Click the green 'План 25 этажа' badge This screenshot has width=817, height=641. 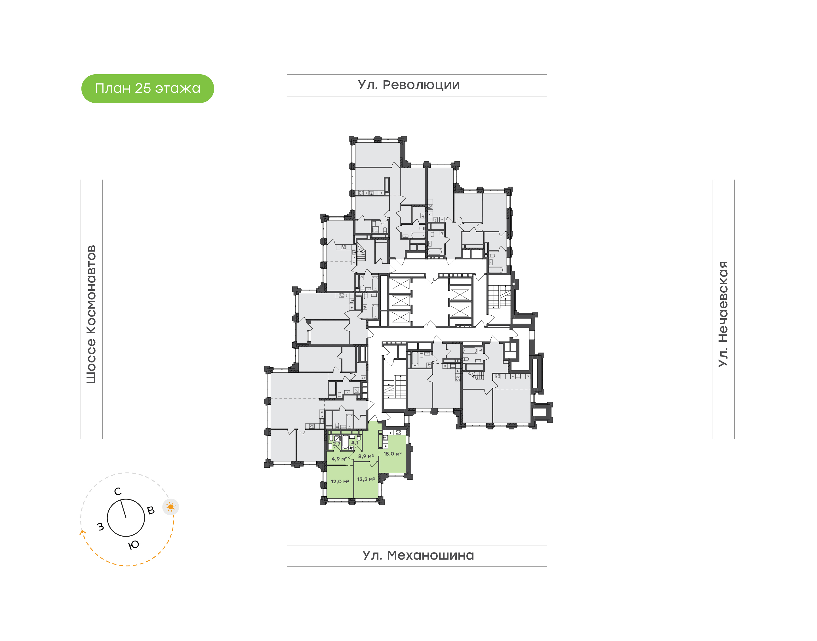(148, 88)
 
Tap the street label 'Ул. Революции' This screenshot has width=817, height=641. (409, 85)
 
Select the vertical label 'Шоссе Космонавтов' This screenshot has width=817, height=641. (91, 314)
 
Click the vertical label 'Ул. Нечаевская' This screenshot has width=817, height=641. (723, 314)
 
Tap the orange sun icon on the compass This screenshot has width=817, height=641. (171, 507)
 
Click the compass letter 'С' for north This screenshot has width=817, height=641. (118, 491)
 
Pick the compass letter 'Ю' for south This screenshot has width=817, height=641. (134, 545)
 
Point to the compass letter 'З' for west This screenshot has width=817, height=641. (101, 526)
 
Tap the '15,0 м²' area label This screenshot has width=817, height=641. (392, 454)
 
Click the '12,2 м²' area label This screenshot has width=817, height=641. (366, 479)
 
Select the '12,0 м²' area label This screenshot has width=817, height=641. (340, 482)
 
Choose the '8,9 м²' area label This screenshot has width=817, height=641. (366, 456)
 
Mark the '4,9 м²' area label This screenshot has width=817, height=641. (339, 459)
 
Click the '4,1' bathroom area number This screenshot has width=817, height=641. (355, 443)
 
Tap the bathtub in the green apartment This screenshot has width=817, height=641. (345, 442)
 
